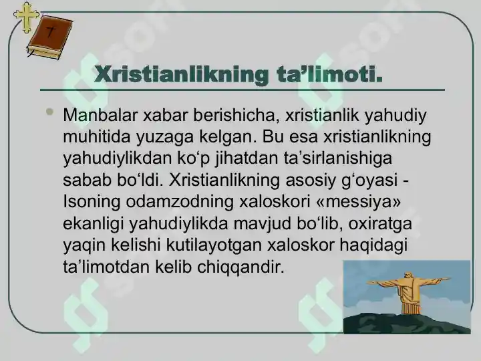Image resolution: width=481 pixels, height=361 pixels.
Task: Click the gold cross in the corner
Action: click(x=27, y=17)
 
